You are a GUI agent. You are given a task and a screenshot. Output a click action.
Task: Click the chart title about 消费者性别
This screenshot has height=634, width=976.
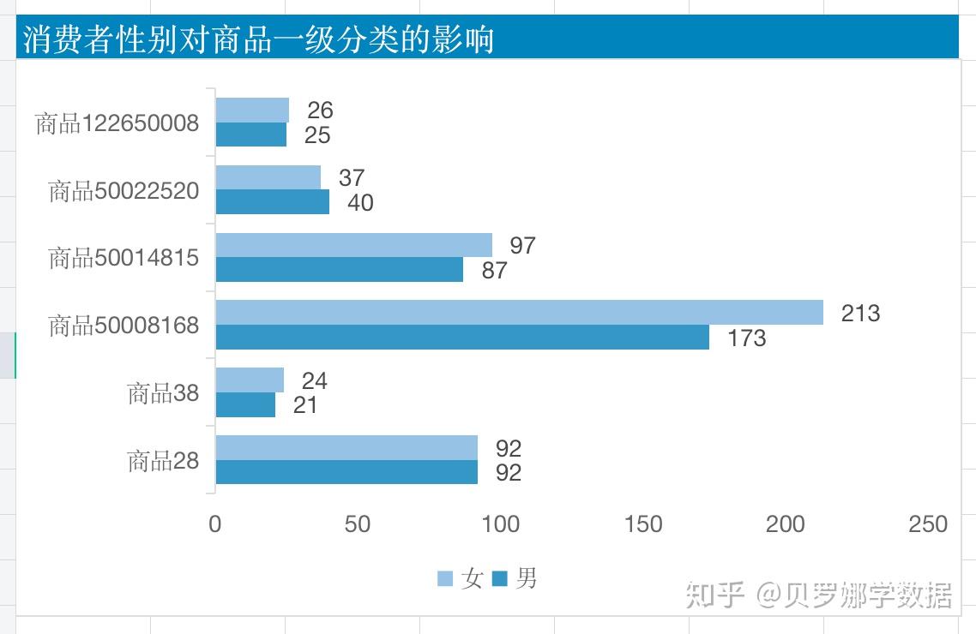(x=258, y=39)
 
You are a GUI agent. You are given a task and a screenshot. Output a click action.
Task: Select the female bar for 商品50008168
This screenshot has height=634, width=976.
(x=519, y=313)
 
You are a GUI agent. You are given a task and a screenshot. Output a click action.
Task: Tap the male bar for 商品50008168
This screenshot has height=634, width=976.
(x=462, y=338)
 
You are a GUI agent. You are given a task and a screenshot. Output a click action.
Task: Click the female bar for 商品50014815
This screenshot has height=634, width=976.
(x=353, y=245)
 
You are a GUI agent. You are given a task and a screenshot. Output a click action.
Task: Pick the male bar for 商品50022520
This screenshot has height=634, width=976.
(x=272, y=202)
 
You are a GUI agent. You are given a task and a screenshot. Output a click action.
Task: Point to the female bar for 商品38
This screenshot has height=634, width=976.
(x=250, y=380)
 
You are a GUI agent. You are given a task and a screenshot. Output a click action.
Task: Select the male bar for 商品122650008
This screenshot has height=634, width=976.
(x=250, y=135)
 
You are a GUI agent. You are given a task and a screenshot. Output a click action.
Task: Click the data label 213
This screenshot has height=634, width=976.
(x=860, y=314)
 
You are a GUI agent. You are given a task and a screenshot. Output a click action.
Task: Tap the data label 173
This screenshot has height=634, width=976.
(x=746, y=338)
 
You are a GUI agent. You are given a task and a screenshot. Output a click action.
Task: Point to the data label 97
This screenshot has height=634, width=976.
(x=522, y=246)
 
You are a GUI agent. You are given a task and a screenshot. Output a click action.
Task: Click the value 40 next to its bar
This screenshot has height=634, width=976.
(x=360, y=203)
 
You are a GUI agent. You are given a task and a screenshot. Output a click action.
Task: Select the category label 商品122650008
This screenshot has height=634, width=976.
(x=117, y=124)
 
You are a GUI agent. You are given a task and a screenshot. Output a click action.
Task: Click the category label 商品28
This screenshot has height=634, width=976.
(x=163, y=461)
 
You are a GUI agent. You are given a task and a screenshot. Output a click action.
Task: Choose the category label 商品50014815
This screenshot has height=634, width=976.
(x=124, y=258)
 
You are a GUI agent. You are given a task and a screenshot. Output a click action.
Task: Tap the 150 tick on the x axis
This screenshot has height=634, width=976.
(x=643, y=524)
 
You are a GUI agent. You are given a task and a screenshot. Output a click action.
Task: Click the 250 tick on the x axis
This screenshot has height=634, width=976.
(x=928, y=524)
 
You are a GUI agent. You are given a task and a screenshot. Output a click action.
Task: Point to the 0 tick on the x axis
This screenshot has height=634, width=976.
(x=215, y=524)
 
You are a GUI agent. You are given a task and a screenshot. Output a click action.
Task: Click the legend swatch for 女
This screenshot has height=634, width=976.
(x=445, y=579)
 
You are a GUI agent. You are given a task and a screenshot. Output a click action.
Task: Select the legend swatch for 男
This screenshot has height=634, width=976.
(x=500, y=579)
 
